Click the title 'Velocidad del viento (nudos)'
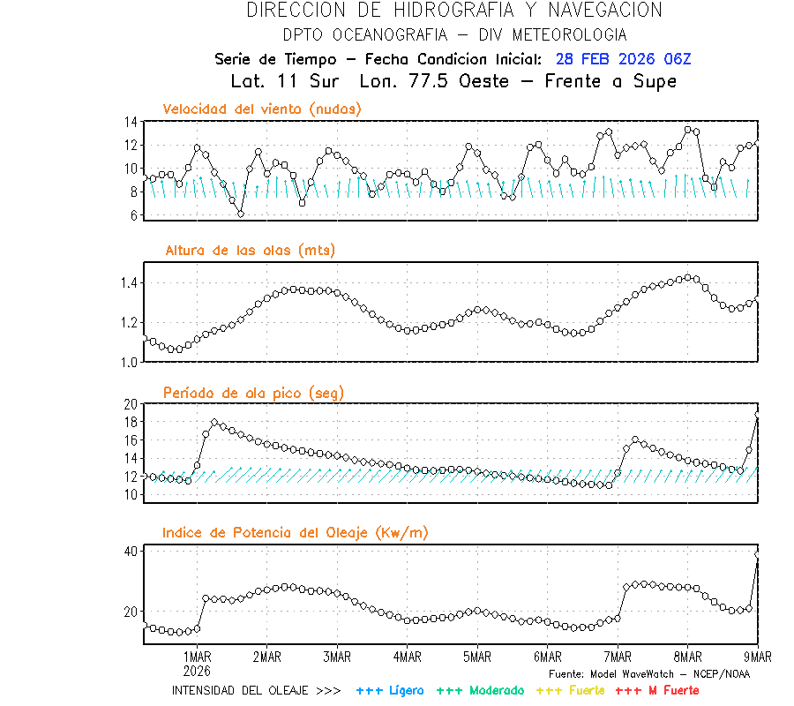(262, 109)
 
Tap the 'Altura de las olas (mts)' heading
(250, 251)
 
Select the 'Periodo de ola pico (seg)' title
(253, 392)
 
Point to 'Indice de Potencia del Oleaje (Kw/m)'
(296, 533)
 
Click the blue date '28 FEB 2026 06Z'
(623, 59)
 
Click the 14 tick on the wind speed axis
(131, 122)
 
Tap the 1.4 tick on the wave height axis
(128, 283)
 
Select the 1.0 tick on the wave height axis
(128, 362)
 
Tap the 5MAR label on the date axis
(476, 657)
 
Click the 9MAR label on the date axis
(757, 657)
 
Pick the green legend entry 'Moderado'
(497, 690)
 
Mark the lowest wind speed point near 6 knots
(241, 214)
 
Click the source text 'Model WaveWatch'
(648, 674)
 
